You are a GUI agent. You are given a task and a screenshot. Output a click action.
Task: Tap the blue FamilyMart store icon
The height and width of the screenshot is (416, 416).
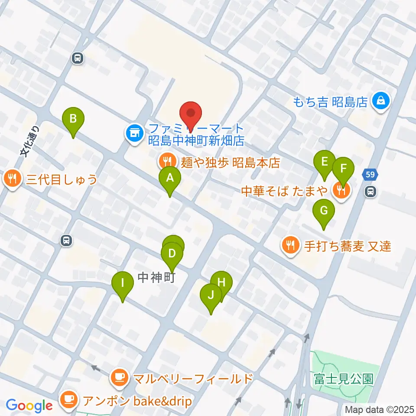(x=134, y=133)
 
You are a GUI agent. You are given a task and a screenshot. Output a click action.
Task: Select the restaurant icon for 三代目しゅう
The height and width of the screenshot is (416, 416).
(x=13, y=179)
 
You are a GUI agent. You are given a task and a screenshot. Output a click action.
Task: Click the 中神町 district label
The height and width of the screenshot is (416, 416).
(x=156, y=278)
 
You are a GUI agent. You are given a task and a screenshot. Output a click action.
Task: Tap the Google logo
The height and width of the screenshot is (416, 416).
(x=29, y=406)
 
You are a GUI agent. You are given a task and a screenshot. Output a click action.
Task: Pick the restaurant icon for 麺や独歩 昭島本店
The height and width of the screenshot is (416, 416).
(x=166, y=162)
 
